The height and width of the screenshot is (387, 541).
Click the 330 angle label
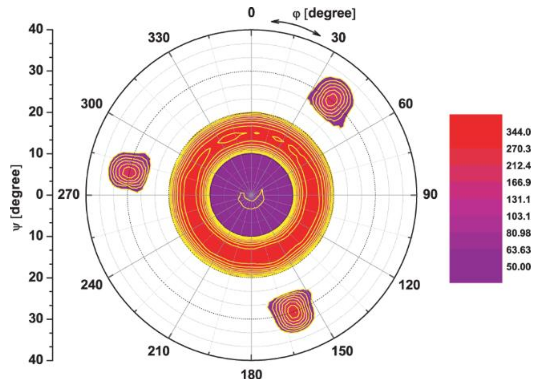159,38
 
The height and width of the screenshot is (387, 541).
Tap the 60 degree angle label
405,104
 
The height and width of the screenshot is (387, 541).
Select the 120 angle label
409,285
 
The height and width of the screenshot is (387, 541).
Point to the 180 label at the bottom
251,375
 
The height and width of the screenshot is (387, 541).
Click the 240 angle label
91,285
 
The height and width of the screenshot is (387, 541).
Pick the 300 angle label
91,104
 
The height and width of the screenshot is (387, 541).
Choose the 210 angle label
159,351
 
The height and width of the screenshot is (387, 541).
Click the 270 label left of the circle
68,195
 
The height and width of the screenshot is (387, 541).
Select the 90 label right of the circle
430,195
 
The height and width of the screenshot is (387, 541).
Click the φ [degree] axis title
324,14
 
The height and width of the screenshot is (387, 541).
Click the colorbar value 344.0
518,132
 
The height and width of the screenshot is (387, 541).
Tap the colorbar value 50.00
518,267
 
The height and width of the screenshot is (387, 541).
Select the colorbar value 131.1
518,200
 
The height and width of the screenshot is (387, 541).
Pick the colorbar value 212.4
518,166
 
